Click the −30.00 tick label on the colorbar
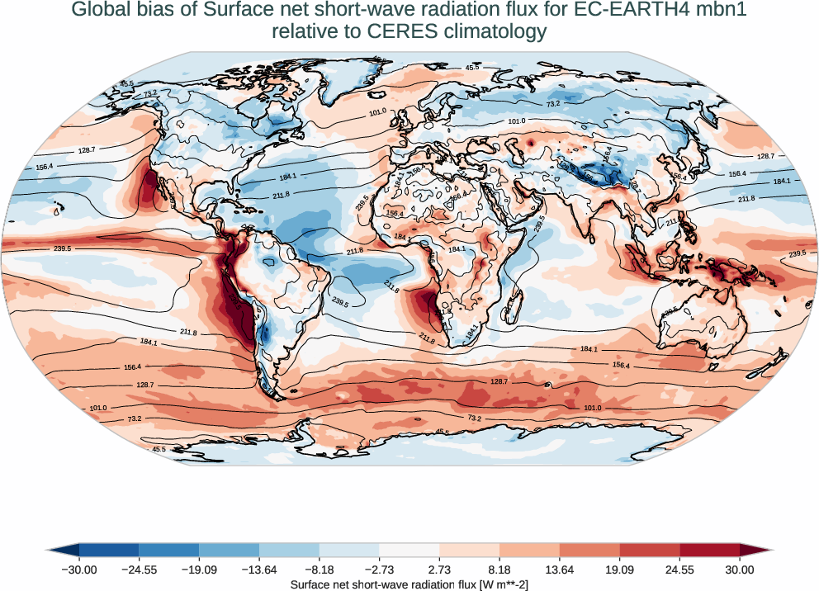79,570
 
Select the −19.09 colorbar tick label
200,570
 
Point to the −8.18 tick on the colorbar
320,570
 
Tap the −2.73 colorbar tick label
380,570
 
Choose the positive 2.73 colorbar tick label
440,570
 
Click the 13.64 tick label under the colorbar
560,570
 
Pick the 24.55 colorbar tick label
679,570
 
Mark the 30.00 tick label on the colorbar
740,570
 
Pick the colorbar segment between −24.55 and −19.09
169,551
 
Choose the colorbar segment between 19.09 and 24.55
650,551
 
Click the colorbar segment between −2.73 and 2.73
409,551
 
